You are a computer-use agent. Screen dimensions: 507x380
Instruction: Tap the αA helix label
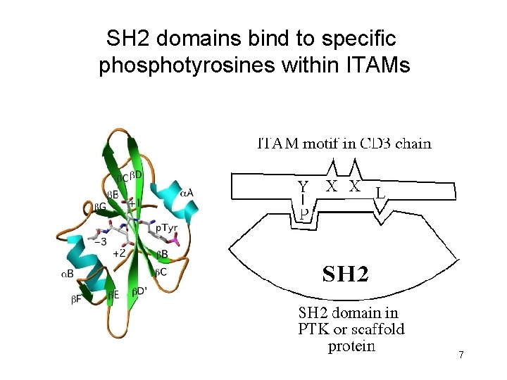[187, 191]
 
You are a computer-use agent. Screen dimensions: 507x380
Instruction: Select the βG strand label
[101, 207]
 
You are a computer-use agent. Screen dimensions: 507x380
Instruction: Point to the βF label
[77, 298]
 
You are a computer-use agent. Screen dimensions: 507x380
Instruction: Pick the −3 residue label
[100, 241]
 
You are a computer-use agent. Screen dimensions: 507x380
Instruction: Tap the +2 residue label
[119, 252]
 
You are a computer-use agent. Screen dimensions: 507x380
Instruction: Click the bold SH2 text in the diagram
[345, 274]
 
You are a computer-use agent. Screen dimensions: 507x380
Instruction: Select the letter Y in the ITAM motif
[303, 187]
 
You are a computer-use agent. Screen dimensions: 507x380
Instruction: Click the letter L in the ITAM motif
[380, 191]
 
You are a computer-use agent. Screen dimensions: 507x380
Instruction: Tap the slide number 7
[461, 355]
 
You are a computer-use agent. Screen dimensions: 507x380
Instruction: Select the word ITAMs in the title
[375, 66]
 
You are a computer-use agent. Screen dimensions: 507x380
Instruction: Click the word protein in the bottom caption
[351, 346]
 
